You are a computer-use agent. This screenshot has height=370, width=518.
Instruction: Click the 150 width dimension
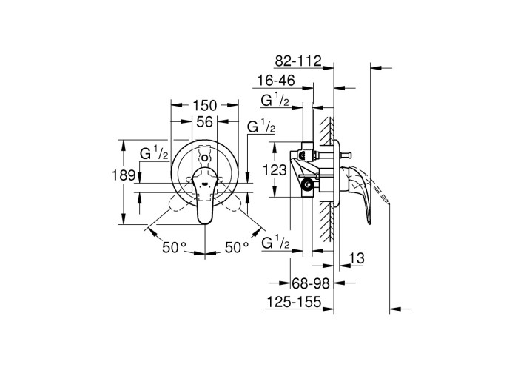(x=205, y=105)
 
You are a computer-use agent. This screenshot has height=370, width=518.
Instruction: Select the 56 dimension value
(x=205, y=122)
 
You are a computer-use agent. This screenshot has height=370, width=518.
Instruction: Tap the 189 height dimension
(x=124, y=175)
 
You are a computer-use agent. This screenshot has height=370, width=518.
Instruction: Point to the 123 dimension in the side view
(x=275, y=170)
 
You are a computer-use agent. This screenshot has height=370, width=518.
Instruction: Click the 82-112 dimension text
(x=298, y=61)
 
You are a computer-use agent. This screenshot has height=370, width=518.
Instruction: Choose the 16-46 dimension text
(x=276, y=81)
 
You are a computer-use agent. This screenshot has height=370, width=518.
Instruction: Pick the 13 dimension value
(x=357, y=258)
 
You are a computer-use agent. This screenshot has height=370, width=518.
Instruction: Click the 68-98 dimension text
(x=311, y=283)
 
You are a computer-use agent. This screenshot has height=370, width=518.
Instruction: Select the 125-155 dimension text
(x=294, y=302)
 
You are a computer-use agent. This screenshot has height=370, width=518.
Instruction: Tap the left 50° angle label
(x=175, y=247)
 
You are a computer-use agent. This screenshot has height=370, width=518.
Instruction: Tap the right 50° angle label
(x=238, y=247)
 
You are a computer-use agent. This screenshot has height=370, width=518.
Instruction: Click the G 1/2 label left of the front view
(x=154, y=154)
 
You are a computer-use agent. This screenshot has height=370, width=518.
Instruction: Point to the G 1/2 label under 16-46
(x=275, y=101)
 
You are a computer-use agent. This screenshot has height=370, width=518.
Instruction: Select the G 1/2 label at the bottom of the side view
(x=276, y=243)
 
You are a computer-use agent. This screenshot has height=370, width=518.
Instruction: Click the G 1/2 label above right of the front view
(x=261, y=127)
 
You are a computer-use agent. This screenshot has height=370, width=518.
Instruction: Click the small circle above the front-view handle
(x=205, y=158)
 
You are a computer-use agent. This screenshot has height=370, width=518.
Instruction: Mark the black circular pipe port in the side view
(x=309, y=185)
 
